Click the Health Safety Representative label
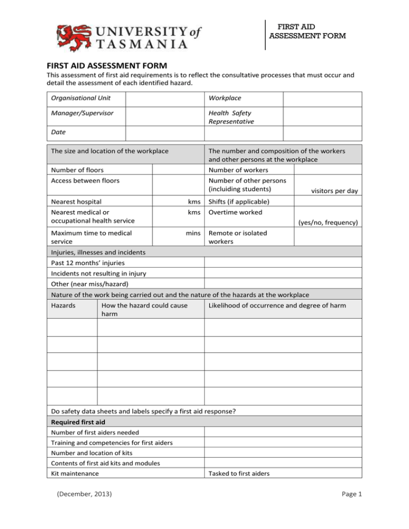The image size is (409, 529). click(x=231, y=117)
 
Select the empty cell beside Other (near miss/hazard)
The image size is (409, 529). click(x=282, y=284)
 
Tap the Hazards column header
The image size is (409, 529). click(x=63, y=306)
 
